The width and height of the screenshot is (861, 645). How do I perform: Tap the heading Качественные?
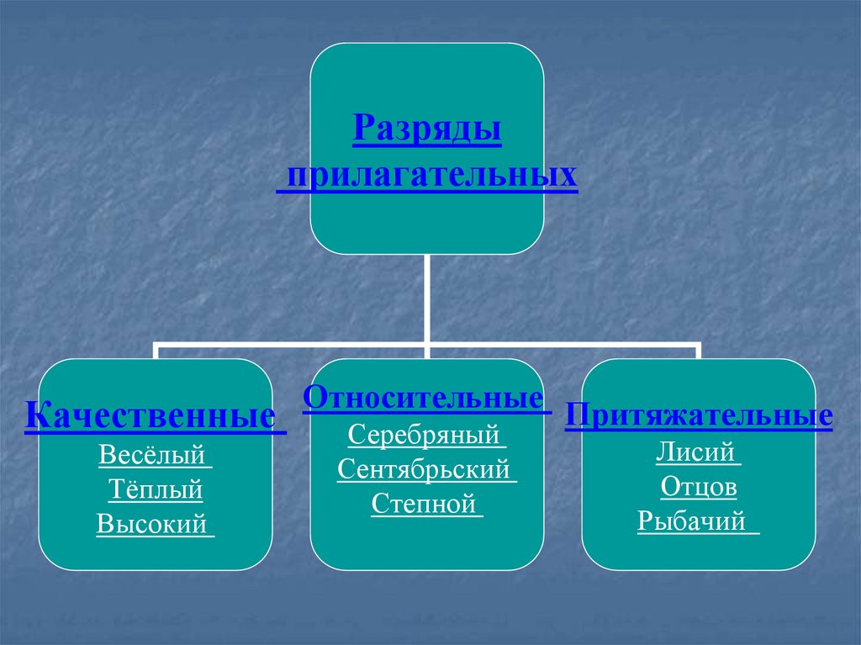click(151, 415)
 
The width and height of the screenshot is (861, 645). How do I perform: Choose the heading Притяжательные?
click(699, 415)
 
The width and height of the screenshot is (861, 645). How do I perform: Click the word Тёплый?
click(156, 489)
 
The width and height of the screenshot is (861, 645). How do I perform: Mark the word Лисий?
click(697, 453)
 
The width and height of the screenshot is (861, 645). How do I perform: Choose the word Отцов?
click(699, 487)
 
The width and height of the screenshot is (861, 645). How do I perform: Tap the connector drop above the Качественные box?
click(154, 352)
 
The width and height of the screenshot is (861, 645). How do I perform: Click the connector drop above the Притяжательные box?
click(699, 352)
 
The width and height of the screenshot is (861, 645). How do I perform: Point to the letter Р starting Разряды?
click(363, 132)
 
